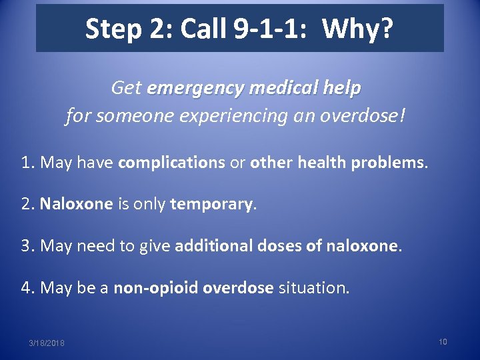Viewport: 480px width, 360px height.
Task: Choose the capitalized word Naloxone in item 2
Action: [76, 205]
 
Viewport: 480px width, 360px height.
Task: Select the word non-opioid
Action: [155, 288]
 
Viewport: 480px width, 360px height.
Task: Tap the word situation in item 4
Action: [313, 288]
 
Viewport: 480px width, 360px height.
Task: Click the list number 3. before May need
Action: [28, 246]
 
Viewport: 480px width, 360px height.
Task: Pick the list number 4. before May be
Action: [28, 288]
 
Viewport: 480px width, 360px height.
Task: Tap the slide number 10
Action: [443, 341]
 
